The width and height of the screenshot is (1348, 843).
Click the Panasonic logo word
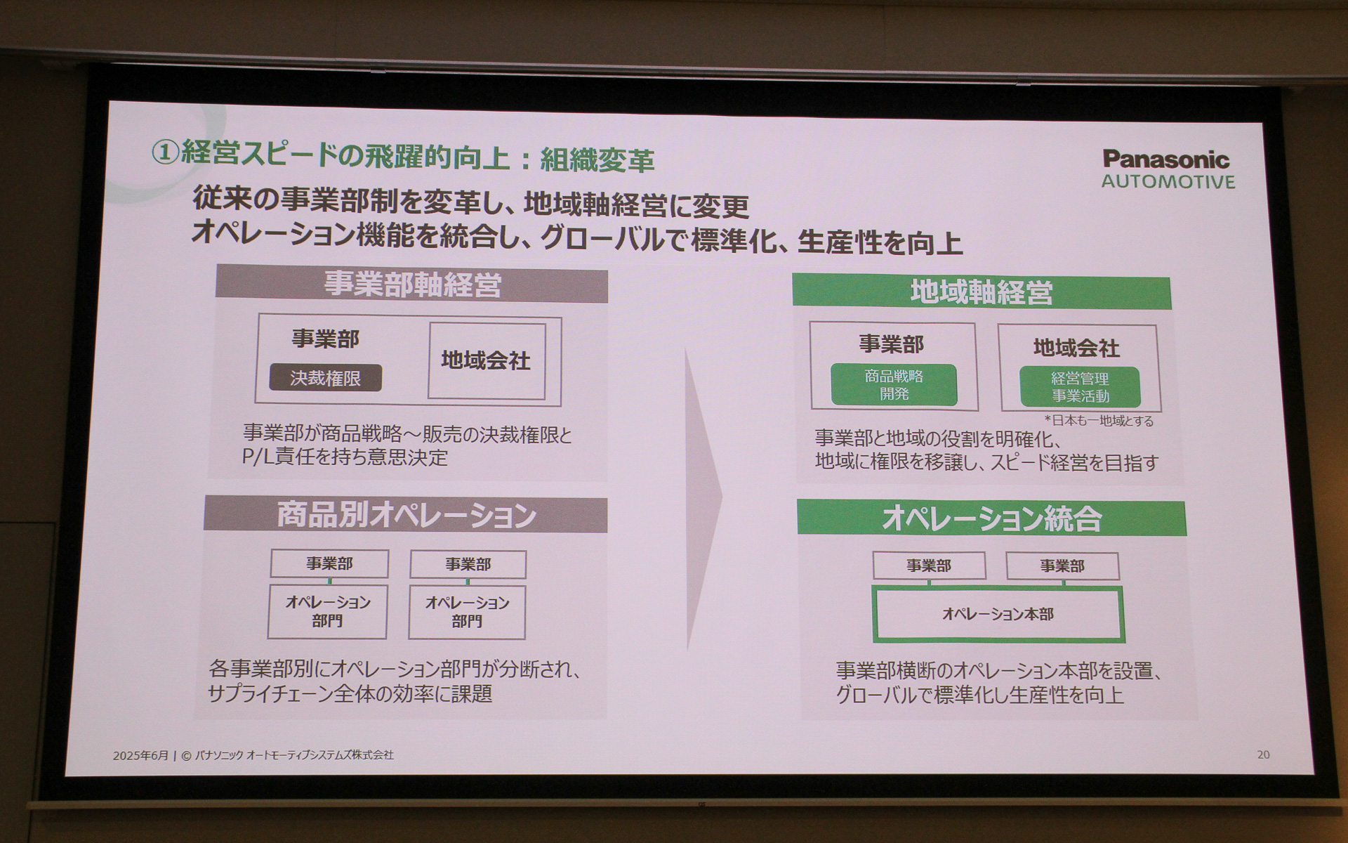click(x=1165, y=159)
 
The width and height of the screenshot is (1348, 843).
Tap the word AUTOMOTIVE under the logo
click(x=1168, y=182)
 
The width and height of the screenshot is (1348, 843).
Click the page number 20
click(x=1263, y=754)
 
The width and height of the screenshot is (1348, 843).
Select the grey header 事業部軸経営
click(x=412, y=285)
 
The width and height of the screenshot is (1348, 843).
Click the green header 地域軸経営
click(x=981, y=292)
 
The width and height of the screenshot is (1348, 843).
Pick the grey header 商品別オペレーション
click(x=406, y=515)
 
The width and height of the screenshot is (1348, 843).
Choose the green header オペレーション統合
click(x=991, y=518)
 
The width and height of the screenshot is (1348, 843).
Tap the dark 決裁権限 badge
click(x=326, y=378)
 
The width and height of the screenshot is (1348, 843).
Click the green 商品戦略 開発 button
click(x=894, y=385)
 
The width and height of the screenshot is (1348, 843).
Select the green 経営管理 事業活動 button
click(x=1080, y=387)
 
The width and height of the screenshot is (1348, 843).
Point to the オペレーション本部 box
click(x=998, y=615)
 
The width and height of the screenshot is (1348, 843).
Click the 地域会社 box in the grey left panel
click(x=486, y=361)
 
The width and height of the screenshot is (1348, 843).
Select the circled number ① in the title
click(x=165, y=153)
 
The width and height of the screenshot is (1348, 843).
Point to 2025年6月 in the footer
click(x=140, y=755)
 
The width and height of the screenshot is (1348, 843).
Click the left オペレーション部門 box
click(x=327, y=611)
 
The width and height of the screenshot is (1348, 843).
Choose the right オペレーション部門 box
click(x=467, y=612)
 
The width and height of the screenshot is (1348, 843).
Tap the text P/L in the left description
click(x=257, y=457)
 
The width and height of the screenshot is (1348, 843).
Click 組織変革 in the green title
click(x=597, y=161)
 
